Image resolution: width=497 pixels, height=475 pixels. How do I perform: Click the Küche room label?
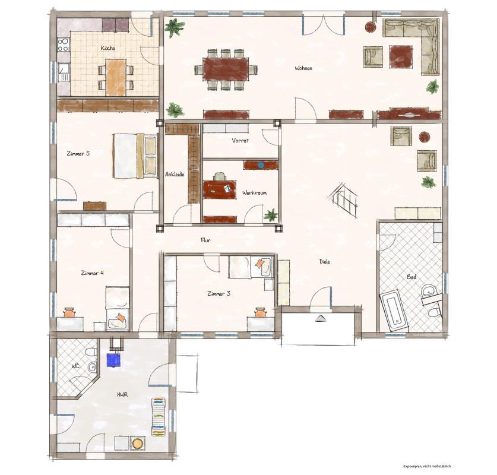pos(107,48)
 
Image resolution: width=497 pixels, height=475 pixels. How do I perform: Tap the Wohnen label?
pos(303,68)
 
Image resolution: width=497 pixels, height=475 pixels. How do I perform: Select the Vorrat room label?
pos(240,141)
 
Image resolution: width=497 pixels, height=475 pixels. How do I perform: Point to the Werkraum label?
pos(254,193)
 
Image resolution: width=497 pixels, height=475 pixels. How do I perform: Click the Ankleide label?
pos(175,175)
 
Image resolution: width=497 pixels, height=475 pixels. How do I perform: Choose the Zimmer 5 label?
pos(78,154)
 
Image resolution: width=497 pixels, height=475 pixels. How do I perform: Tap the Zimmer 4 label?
pos(92,273)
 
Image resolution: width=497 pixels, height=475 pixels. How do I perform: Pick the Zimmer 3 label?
pos(219,293)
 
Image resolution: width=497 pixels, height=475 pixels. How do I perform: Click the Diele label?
pos(324,261)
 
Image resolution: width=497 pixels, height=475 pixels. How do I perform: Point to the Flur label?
pos(205,240)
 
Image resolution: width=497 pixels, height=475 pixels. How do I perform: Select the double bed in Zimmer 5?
pos(135,155)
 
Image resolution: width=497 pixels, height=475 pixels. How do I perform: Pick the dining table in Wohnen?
pos(226,68)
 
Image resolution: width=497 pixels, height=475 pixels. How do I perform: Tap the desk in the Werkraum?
pos(219,189)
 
